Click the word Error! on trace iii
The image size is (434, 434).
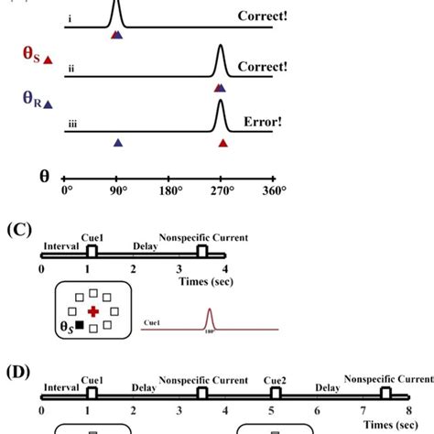click(261, 120)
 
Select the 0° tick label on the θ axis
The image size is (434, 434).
click(65, 191)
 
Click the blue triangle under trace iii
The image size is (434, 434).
click(118, 143)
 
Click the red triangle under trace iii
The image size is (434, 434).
click(223, 143)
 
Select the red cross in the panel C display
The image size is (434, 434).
click(92, 312)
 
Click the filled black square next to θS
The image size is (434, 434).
click(80, 325)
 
